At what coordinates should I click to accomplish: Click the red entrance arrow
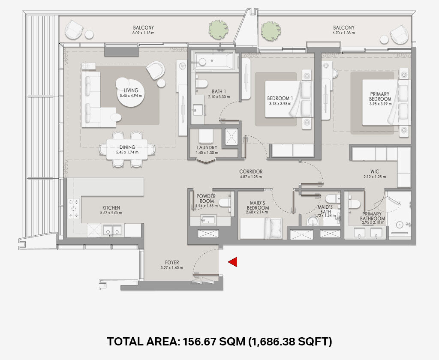tap(233, 262)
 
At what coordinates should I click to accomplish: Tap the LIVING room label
tap(131, 90)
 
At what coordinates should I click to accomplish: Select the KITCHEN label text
tap(111, 208)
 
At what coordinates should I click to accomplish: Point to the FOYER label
tap(172, 263)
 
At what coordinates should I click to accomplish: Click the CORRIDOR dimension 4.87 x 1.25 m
tap(251, 177)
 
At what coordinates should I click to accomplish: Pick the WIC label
tap(375, 171)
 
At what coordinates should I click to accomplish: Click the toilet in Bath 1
tap(201, 83)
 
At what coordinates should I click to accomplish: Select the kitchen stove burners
tap(74, 208)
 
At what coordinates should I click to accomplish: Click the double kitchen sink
tap(112, 230)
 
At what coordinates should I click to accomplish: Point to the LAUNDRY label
tap(207, 147)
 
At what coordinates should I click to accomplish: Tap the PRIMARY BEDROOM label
tap(380, 96)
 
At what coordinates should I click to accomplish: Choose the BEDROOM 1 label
tap(280, 98)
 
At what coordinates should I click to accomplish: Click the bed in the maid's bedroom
tap(261, 229)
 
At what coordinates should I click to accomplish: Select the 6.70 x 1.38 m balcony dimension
tap(344, 33)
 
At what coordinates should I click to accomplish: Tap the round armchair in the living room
tap(156, 70)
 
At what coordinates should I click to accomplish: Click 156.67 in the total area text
tap(199, 342)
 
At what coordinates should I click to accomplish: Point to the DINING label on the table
tap(127, 147)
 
